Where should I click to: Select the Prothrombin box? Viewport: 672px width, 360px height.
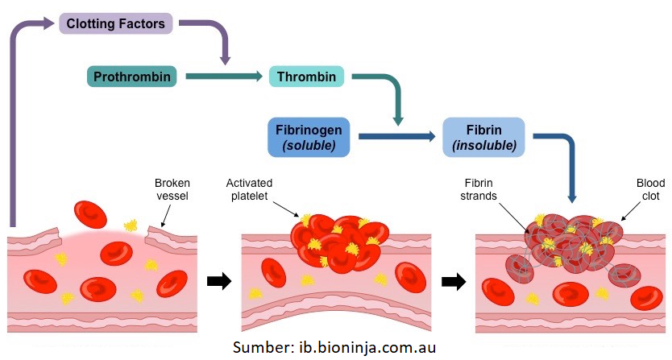(x=131, y=77)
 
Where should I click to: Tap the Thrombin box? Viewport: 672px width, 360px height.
(x=306, y=77)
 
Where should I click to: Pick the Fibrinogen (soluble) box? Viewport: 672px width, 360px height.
(x=309, y=137)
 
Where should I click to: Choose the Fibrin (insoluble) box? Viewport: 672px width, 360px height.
(x=483, y=137)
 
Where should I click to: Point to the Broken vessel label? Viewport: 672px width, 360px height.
(x=172, y=190)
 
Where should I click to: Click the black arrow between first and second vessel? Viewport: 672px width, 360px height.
(x=218, y=281)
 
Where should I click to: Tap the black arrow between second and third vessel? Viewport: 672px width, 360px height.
(x=454, y=281)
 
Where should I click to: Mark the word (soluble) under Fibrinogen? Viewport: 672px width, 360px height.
(x=309, y=146)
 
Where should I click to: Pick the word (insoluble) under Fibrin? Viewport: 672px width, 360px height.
(x=483, y=146)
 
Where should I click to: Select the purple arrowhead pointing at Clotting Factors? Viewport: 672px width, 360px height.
(x=52, y=23)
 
